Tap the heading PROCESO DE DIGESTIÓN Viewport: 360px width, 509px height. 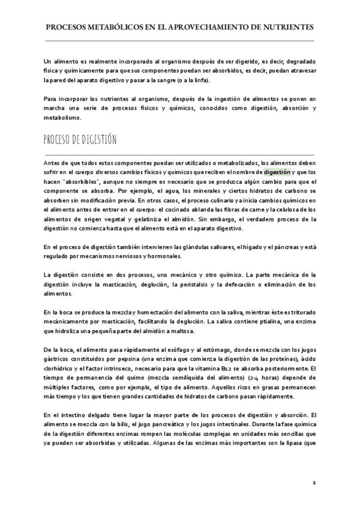coord(80,140)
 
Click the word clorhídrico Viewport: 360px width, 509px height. coord(61,369)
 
